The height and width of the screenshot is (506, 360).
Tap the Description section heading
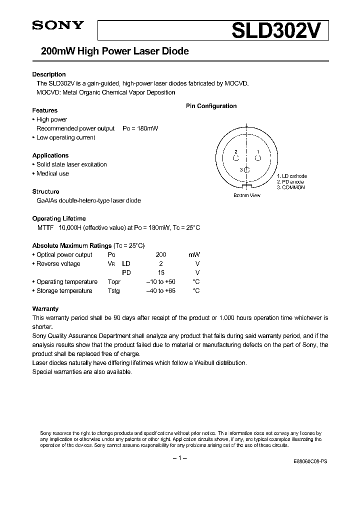[x=49, y=74]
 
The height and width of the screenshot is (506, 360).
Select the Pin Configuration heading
[x=211, y=106]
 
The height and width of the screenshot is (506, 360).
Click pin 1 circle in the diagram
[x=258, y=158]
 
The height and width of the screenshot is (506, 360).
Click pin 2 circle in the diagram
[x=235, y=158]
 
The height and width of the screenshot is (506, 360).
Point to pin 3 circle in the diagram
[x=246, y=170]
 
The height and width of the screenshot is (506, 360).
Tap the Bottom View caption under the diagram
[x=247, y=195]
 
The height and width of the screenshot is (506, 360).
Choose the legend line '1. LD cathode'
[x=291, y=176]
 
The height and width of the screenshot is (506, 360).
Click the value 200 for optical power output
[x=161, y=254]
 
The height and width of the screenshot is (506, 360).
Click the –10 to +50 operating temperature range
[x=160, y=282]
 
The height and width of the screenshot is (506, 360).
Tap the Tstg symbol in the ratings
[x=114, y=291]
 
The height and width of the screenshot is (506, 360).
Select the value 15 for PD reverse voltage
[x=161, y=273]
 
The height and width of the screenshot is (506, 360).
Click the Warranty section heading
[x=45, y=309]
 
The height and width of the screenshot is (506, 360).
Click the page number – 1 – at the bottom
[x=179, y=458]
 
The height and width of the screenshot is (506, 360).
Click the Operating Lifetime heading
[x=59, y=218]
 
